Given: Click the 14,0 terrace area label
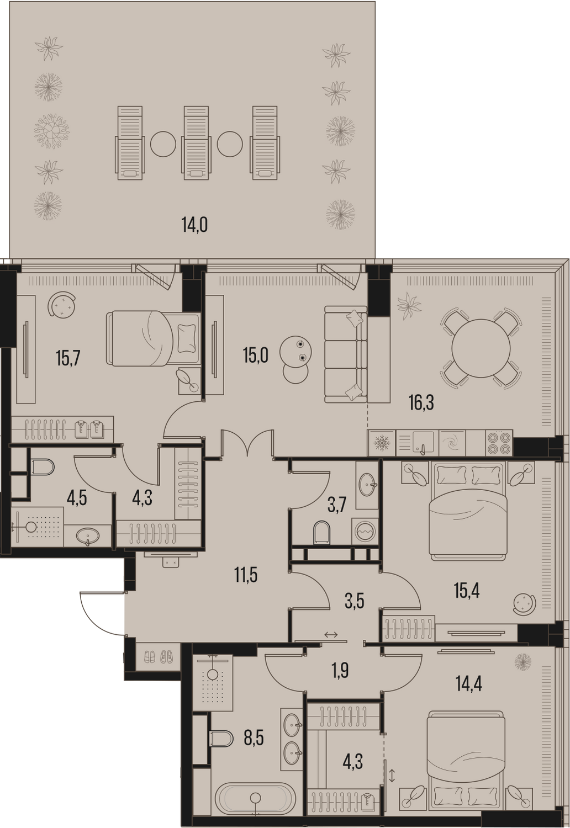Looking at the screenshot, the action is click(x=194, y=225).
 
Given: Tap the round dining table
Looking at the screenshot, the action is click(x=481, y=348).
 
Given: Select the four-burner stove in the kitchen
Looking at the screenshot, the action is click(x=499, y=443).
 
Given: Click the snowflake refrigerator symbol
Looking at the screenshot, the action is click(x=381, y=443).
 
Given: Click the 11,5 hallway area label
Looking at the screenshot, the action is click(x=246, y=576).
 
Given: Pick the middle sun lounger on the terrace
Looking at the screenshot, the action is click(x=196, y=143).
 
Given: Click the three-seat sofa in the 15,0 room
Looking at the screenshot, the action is click(x=346, y=354).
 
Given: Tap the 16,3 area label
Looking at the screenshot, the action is click(x=421, y=402).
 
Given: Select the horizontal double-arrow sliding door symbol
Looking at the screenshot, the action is click(x=331, y=635).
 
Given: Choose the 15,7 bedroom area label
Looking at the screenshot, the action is click(x=68, y=358).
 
